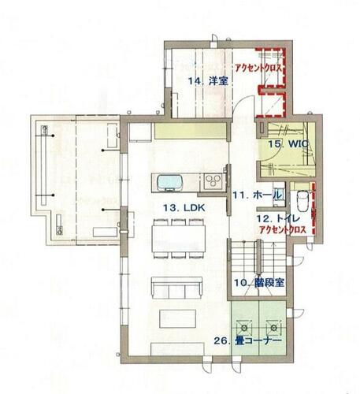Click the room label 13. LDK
tap(184, 208)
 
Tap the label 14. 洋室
tap(208, 81)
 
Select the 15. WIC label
tap(288, 144)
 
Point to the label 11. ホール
tap(258, 195)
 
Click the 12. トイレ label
tap(278, 218)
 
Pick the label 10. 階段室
tap(259, 283)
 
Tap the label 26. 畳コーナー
tap(248, 340)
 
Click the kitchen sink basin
tap(169, 183)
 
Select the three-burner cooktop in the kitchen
tap(213, 181)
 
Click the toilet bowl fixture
tap(302, 200)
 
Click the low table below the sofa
tap(178, 318)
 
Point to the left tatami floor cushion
tap(245, 328)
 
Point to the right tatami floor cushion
tap(274, 328)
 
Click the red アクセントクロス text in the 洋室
tap(258, 68)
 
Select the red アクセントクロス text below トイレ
tap(283, 230)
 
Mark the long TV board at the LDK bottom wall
tap(177, 349)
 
